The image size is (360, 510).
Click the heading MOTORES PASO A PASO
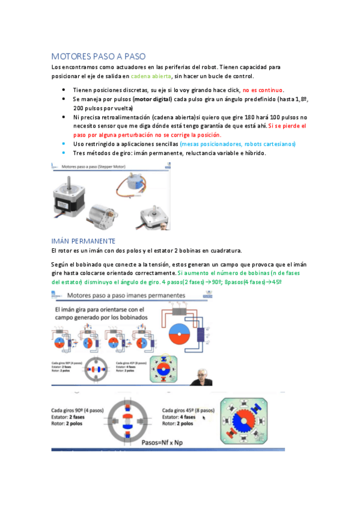(x=98, y=56)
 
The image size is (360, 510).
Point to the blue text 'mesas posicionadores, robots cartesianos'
(x=237, y=144)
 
